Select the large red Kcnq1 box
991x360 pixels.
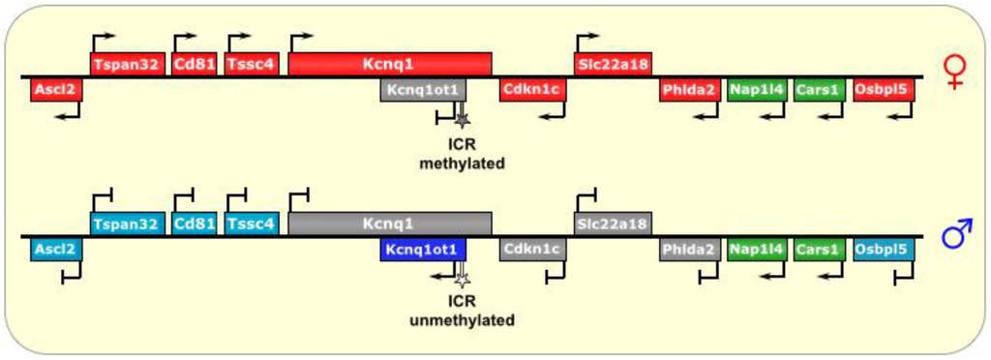tap(389, 64)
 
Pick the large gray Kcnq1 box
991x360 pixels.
tap(389, 224)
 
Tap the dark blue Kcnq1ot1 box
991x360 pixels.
tap(424, 250)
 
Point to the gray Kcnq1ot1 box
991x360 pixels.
tap(424, 90)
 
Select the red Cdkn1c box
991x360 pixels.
tap(532, 90)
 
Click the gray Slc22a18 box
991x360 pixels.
tap(613, 224)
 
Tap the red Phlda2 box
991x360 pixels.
tap(689, 90)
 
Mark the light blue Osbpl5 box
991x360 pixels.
tap(882, 250)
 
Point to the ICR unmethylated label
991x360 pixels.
tap(462, 313)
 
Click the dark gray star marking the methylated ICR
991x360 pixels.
tap(463, 120)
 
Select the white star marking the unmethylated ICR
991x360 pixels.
tap(463, 280)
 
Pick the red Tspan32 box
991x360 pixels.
tap(127, 64)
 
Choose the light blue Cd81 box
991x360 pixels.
tap(194, 224)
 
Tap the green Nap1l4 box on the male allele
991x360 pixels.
tap(756, 250)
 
